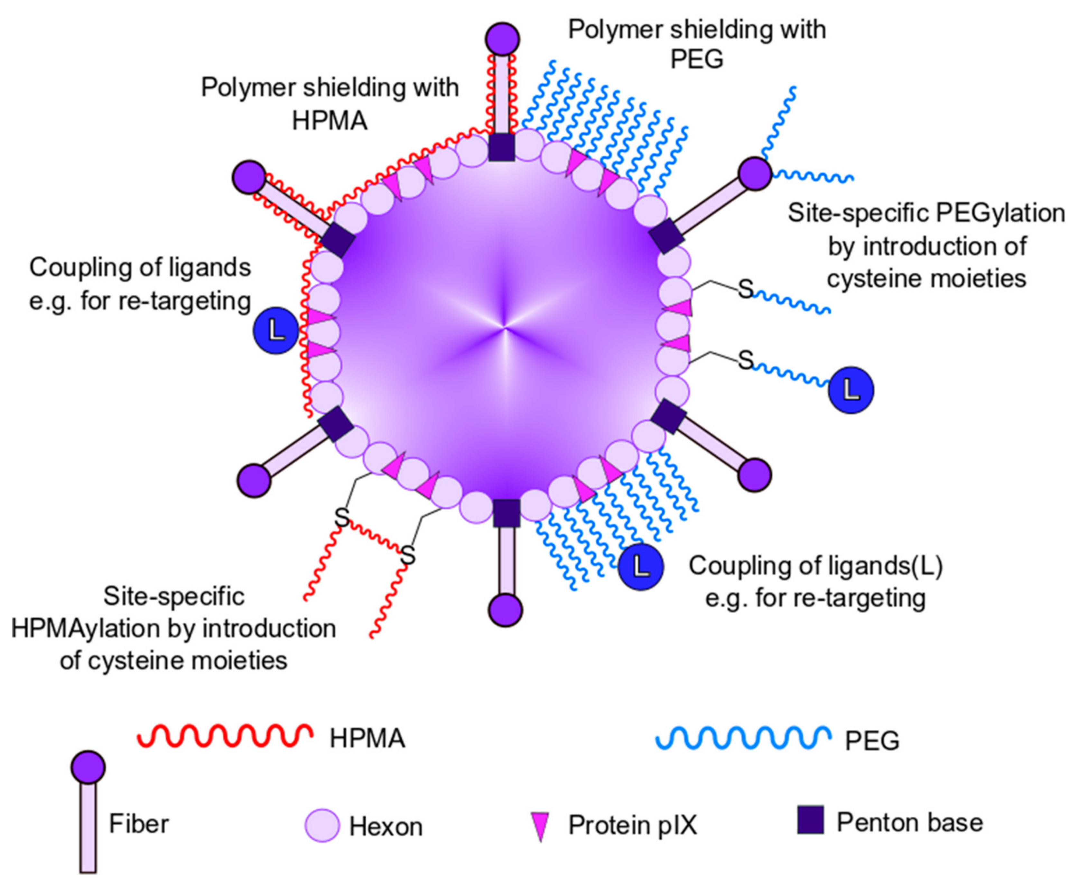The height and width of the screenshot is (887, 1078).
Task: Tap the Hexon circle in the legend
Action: click(322, 825)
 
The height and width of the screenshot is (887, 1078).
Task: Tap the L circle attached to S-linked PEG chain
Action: click(850, 390)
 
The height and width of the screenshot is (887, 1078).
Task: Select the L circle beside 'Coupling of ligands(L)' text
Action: click(641, 567)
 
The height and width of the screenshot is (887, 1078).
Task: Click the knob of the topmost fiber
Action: click(503, 39)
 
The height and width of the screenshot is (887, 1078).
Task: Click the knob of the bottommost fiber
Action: click(505, 610)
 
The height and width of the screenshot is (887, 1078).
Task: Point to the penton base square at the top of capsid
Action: click(502, 147)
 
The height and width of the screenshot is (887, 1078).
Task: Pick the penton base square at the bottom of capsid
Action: click(506, 513)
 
